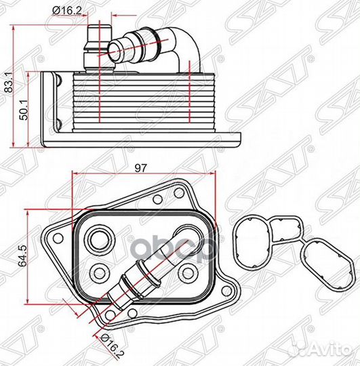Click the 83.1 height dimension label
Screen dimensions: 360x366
point(9,83)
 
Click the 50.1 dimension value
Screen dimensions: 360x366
point(24,110)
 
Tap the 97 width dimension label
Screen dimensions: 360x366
point(141,168)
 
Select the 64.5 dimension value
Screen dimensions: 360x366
point(24,256)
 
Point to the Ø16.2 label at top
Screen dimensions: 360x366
point(67,10)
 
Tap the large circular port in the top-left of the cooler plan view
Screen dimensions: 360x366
point(100,240)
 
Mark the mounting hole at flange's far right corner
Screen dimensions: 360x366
point(226,291)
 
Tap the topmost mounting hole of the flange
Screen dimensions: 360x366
point(179,192)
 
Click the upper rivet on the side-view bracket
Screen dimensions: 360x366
point(58,79)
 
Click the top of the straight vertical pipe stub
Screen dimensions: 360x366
point(100,25)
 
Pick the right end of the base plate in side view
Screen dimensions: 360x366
point(240,140)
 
